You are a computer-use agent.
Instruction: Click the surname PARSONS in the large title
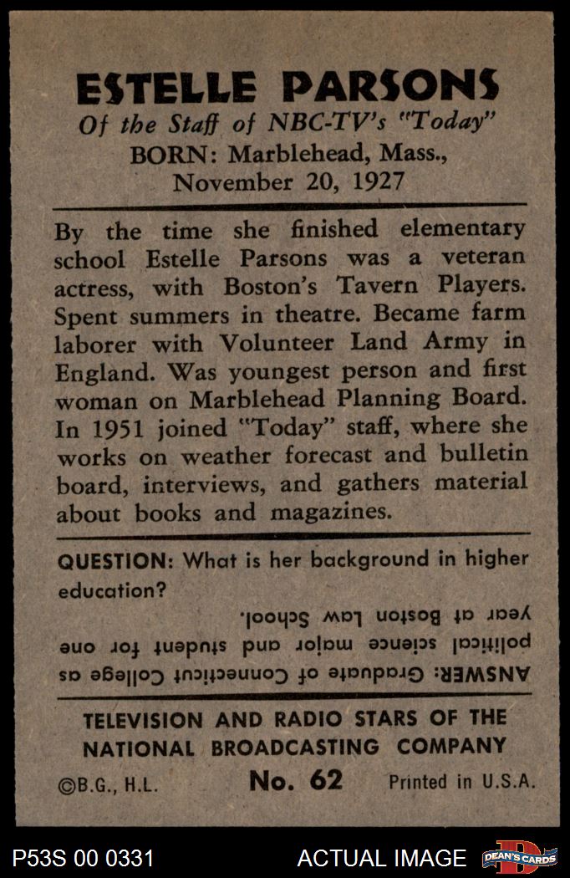tap(389, 88)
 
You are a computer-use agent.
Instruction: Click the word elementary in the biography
tap(464, 229)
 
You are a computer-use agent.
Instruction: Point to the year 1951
tap(121, 428)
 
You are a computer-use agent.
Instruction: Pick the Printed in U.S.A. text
tap(461, 782)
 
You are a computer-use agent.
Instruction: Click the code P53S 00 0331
tap(83, 858)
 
